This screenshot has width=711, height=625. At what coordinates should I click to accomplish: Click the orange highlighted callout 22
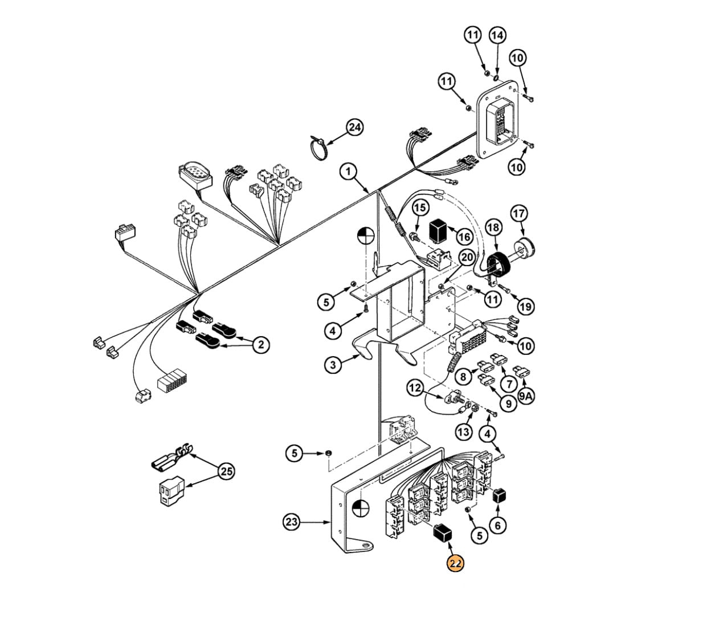[x=455, y=573]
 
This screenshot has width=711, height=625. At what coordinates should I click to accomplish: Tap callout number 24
[x=355, y=128]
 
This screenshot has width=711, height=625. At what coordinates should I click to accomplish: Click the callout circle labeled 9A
[x=526, y=396]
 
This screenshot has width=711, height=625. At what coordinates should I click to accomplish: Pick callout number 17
[x=519, y=213]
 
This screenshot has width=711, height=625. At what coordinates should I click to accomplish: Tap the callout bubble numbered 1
[x=348, y=171]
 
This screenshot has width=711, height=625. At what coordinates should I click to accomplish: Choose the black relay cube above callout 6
[x=500, y=495]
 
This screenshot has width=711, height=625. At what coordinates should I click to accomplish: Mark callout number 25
[x=226, y=471]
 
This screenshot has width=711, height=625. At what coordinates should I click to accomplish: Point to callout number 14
[x=497, y=35]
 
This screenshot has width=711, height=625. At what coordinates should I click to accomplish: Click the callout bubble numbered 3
[x=333, y=365]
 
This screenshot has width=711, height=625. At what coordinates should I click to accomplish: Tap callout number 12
[x=415, y=389]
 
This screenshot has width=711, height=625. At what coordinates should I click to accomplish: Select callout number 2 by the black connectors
[x=261, y=344]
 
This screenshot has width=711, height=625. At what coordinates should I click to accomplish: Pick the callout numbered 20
[x=467, y=257]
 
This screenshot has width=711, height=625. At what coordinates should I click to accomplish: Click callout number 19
[x=525, y=307]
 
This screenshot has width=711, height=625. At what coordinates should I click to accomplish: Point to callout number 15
[x=420, y=207]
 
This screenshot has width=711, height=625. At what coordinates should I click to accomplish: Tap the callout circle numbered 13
[x=464, y=431]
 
